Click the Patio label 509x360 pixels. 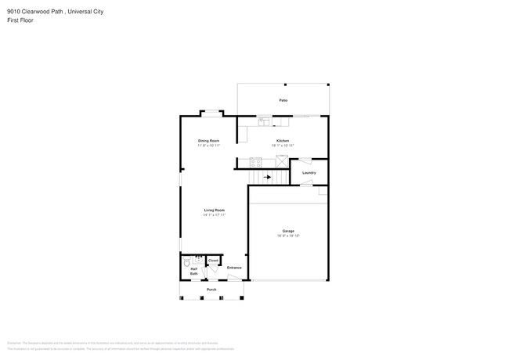(x=283, y=100)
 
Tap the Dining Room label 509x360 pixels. (x=208, y=141)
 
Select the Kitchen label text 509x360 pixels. (x=283, y=141)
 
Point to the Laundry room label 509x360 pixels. (x=309, y=172)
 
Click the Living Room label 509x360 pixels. (x=215, y=210)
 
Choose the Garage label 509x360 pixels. (x=288, y=231)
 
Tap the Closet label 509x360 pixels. (x=213, y=260)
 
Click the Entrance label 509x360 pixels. (x=234, y=268)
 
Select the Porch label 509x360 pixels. (x=211, y=290)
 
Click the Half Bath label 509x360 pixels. (x=193, y=271)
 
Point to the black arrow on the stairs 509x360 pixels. (x=267, y=178)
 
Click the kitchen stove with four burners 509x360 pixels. (x=255, y=162)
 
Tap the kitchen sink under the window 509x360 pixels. (x=264, y=121)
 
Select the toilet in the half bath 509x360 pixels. (x=187, y=263)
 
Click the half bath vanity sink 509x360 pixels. (x=199, y=257)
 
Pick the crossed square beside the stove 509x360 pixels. (x=281, y=161)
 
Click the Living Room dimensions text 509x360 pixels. (x=215, y=214)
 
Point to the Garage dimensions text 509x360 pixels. (x=288, y=236)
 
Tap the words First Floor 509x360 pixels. (x=20, y=20)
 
